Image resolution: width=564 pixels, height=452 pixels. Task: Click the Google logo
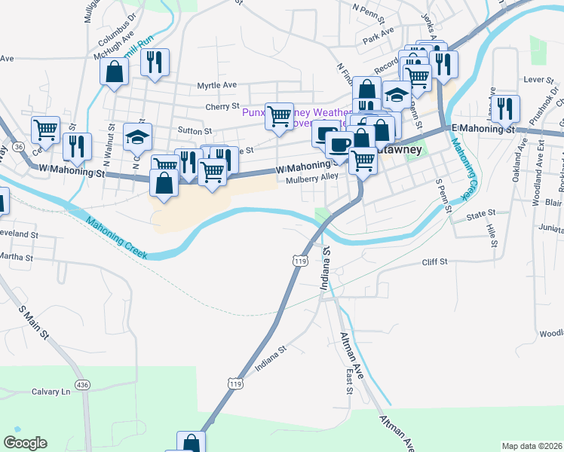[x=25, y=443]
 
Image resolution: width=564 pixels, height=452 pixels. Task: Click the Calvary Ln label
[x=51, y=392]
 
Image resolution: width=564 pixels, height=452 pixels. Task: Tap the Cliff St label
[x=434, y=261]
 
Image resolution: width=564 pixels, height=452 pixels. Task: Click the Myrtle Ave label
[x=217, y=86]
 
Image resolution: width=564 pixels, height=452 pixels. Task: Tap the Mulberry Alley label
[x=312, y=179]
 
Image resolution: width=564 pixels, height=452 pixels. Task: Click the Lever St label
[x=538, y=79]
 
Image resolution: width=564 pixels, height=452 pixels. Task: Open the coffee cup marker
[x=339, y=144]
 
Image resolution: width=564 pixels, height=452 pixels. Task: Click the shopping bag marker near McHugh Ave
[x=114, y=72]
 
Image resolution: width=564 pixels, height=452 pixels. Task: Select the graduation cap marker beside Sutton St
[x=137, y=137]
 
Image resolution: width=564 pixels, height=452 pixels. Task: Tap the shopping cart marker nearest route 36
[x=45, y=130]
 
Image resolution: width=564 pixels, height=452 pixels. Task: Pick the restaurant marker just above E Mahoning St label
[x=504, y=108]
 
